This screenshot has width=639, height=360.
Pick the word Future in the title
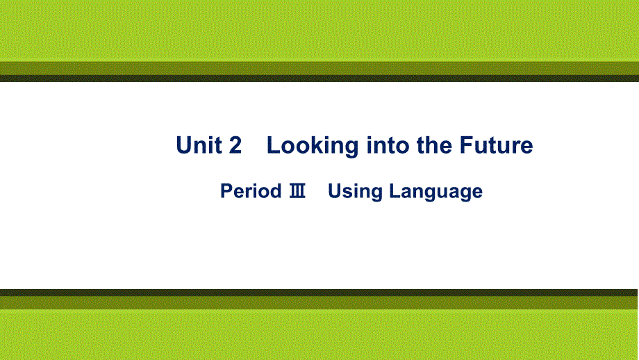[496, 145]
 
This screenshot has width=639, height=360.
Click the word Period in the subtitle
[251, 190]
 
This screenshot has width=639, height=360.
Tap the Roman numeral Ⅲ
[297, 191]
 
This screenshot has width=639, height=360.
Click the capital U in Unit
[184, 145]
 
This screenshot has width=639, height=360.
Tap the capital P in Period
[226, 190]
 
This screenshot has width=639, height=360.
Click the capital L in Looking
[273, 145]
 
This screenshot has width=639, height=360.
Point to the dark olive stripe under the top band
[319, 69]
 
